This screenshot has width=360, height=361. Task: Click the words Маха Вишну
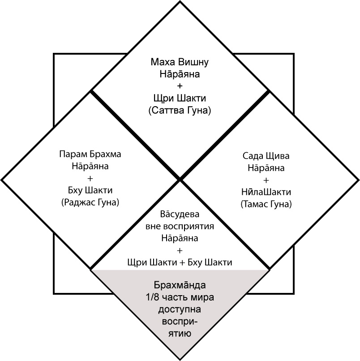(x=180, y=61)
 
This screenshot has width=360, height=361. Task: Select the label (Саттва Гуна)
(x=180, y=110)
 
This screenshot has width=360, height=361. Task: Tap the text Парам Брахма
(x=90, y=154)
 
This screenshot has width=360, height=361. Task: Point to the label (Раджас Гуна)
(x=90, y=202)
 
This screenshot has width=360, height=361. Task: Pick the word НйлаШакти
(x=266, y=192)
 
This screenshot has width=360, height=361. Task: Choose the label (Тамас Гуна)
(x=266, y=204)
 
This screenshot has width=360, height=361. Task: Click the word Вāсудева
(x=179, y=214)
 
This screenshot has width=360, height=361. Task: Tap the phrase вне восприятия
(x=179, y=226)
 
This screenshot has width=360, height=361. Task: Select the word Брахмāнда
(x=180, y=285)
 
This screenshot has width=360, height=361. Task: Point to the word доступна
(x=180, y=309)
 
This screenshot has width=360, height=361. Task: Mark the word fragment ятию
(x=180, y=334)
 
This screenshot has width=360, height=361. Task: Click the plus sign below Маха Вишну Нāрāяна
(x=180, y=86)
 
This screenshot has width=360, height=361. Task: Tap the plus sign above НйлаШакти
(x=266, y=180)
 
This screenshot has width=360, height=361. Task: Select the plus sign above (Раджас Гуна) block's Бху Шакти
(x=90, y=178)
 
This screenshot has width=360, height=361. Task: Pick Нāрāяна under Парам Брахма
(x=90, y=166)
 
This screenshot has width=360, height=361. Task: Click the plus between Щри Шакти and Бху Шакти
(x=182, y=262)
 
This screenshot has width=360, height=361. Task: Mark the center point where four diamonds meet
(x=180, y=180)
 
